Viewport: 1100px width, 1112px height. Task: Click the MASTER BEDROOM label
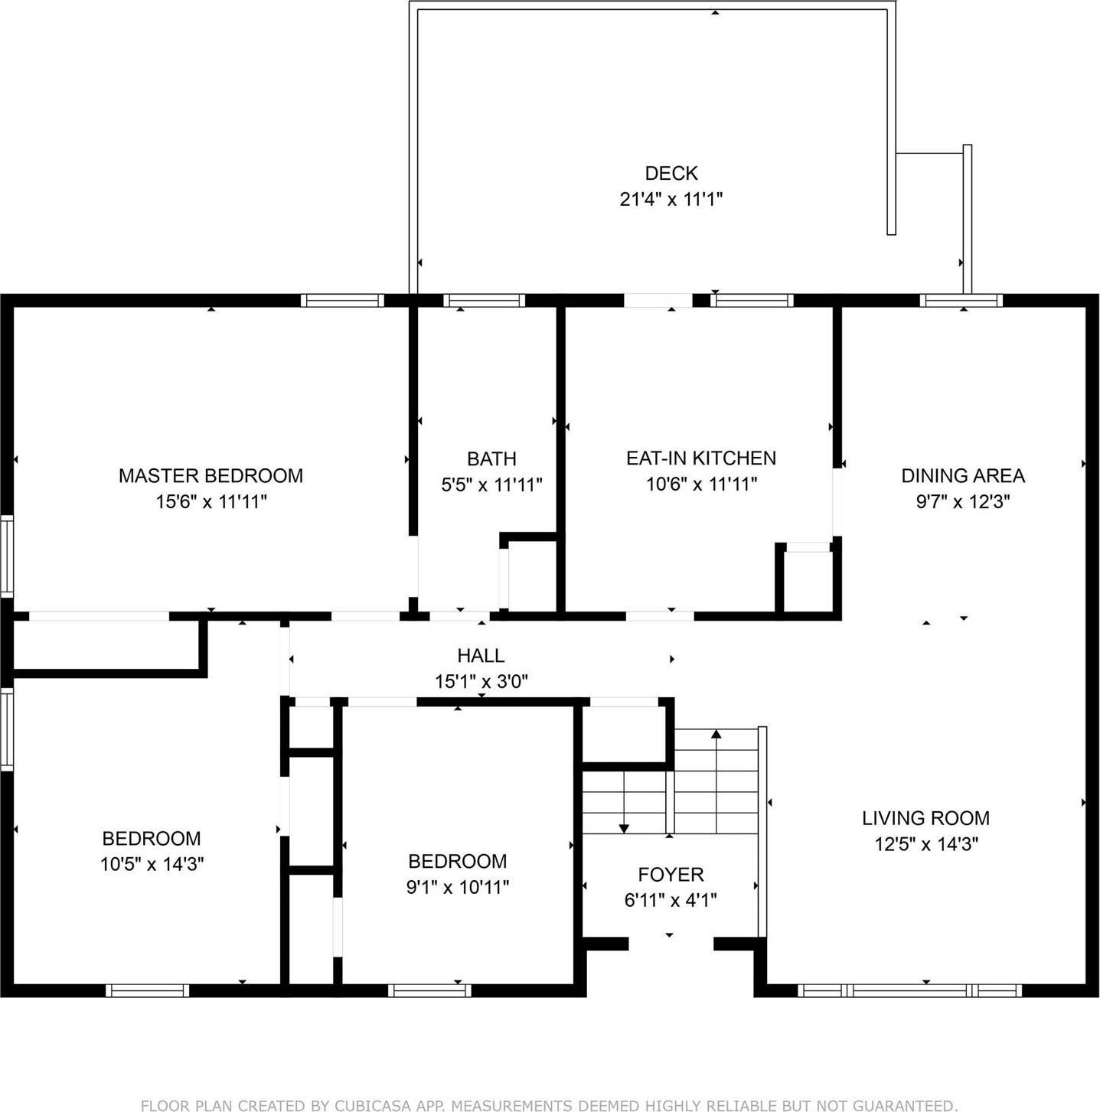pyautogui.click(x=211, y=475)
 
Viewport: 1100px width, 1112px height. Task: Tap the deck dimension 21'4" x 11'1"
pyautogui.click(x=671, y=199)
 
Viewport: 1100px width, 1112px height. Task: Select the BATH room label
pyautogui.click(x=491, y=458)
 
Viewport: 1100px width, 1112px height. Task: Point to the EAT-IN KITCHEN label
pyautogui.click(x=700, y=458)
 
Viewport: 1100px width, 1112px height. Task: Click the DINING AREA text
pyautogui.click(x=962, y=475)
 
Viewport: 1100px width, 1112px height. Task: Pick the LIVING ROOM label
pyautogui.click(x=925, y=818)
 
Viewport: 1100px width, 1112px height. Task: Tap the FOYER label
pyautogui.click(x=671, y=874)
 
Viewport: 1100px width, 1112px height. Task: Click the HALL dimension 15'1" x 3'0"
pyautogui.click(x=481, y=681)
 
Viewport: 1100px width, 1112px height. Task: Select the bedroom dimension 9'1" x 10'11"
pyautogui.click(x=457, y=887)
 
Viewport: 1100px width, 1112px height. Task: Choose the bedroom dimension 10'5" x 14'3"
pyautogui.click(x=152, y=864)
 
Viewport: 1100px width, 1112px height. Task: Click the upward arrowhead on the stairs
pyautogui.click(x=716, y=734)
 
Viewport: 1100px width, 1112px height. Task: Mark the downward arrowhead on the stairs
pyautogui.click(x=624, y=828)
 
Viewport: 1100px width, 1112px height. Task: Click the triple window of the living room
pyautogui.click(x=909, y=990)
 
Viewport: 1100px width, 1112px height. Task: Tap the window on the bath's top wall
pyautogui.click(x=484, y=300)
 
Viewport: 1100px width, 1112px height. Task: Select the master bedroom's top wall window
pyautogui.click(x=342, y=300)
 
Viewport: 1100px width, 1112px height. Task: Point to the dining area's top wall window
pyautogui.click(x=961, y=300)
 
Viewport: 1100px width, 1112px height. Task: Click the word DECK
pyautogui.click(x=671, y=173)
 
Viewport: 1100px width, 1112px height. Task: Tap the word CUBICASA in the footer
pyautogui.click(x=371, y=1105)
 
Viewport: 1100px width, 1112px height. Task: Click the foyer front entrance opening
pyautogui.click(x=671, y=944)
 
